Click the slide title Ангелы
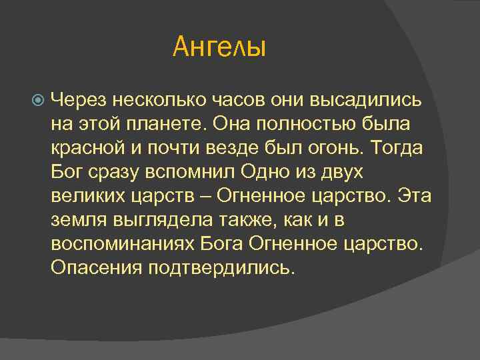[219, 47]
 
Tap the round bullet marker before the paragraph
[38, 100]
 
